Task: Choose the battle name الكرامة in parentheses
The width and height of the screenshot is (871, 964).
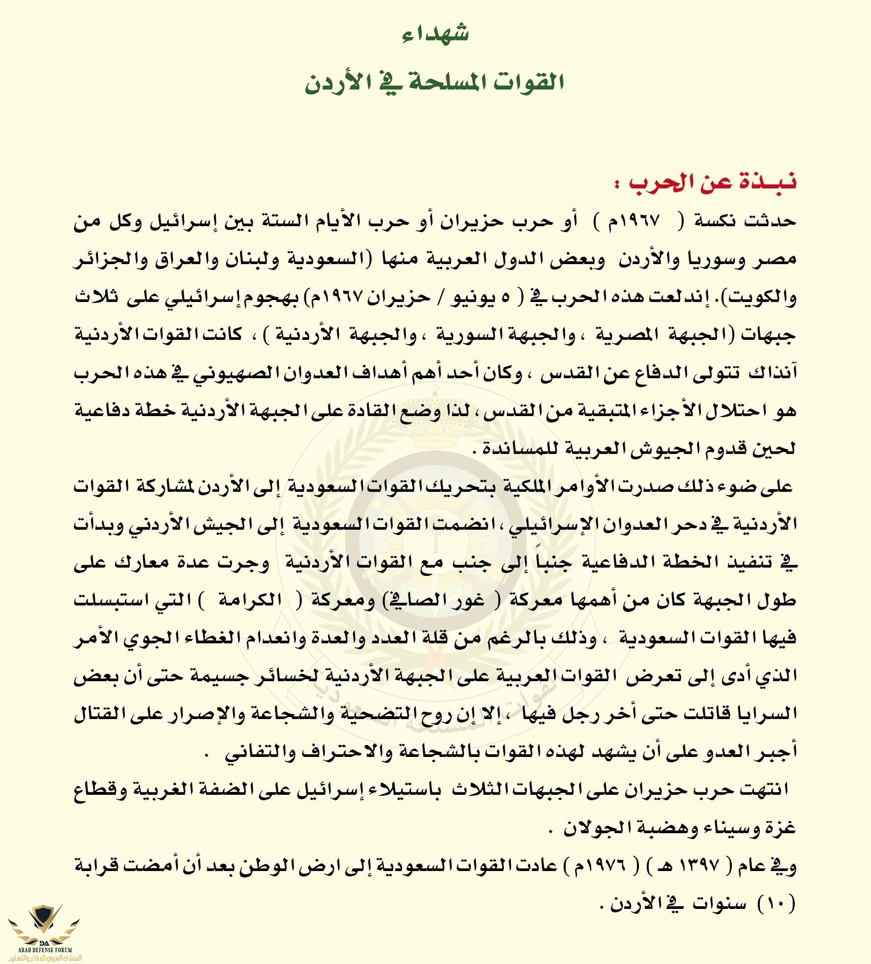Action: (250, 600)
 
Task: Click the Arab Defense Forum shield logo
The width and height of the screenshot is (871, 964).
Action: (44, 921)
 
